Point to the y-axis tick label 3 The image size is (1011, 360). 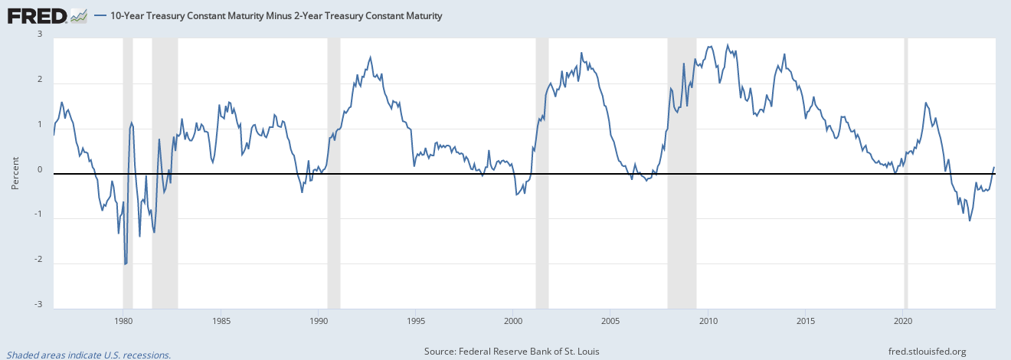(x=39, y=34)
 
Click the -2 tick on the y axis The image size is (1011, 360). (x=38, y=260)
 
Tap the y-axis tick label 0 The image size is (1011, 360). (x=39, y=170)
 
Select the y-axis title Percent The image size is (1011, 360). (x=15, y=175)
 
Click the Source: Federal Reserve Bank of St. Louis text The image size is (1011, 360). (x=512, y=352)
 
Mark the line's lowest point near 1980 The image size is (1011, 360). (x=125, y=264)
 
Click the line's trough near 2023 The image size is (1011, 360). (x=970, y=221)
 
